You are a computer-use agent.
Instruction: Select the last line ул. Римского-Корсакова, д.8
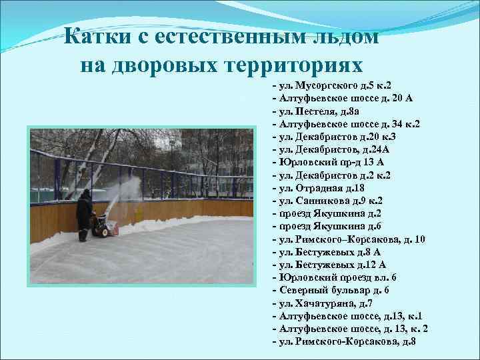[344, 341]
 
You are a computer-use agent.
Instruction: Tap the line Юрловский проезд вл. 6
[334, 277]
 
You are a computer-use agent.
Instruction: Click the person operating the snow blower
[84, 213]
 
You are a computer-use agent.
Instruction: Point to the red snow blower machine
[104, 226]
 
